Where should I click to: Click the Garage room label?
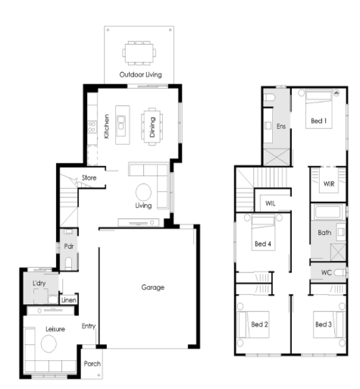pyautogui.click(x=153, y=287)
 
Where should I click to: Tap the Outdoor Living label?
pyautogui.click(x=140, y=74)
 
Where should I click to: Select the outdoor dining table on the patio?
pyautogui.click(x=139, y=53)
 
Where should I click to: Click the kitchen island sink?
pyautogui.click(x=121, y=122)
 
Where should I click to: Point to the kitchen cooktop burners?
pyautogui.click(x=92, y=127)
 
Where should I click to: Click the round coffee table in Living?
pyautogui.click(x=143, y=192)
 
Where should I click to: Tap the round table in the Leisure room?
pyautogui.click(x=49, y=344)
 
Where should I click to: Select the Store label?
pyautogui.click(x=89, y=177)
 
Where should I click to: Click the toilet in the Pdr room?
pyautogui.click(x=68, y=264)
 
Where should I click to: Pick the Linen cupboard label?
pyautogui.click(x=69, y=300)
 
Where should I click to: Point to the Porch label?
pyautogui.click(x=92, y=364)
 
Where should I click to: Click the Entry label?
pyautogui.click(x=89, y=326)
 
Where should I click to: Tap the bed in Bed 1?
pyautogui.click(x=319, y=109)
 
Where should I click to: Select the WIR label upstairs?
pyautogui.click(x=329, y=184)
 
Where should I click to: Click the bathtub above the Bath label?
pyautogui.click(x=327, y=212)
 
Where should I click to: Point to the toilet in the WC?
pyautogui.click(x=340, y=272)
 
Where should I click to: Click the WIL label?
pyautogui.click(x=271, y=203)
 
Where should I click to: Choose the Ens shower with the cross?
pyautogui.click(x=277, y=157)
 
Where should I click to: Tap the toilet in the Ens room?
pyautogui.click(x=269, y=97)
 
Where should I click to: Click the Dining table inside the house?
pyautogui.click(x=152, y=127)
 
